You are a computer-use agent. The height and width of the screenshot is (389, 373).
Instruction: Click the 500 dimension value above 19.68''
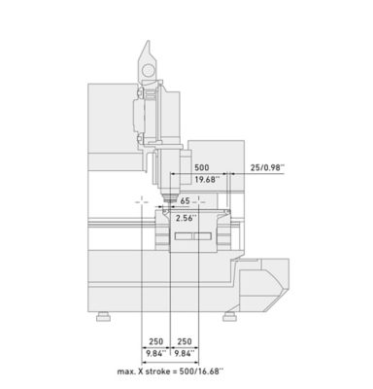pos(201,167)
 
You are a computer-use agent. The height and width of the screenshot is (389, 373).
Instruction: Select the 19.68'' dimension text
pos(207,179)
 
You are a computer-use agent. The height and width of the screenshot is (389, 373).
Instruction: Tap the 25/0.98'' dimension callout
pos(267,167)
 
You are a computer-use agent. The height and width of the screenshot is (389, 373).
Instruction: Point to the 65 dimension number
pos(185,201)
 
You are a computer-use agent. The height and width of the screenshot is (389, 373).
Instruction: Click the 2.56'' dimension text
pos(186,218)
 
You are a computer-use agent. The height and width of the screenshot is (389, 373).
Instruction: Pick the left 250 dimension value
pos(156,341)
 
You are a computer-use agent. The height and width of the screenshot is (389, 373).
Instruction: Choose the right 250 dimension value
pos(185,341)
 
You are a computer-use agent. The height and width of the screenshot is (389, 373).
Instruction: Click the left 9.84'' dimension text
pos(155,353)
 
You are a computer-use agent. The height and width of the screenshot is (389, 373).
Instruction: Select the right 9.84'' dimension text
pos(185,353)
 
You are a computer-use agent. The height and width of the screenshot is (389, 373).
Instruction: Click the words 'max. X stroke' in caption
pos(144,371)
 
